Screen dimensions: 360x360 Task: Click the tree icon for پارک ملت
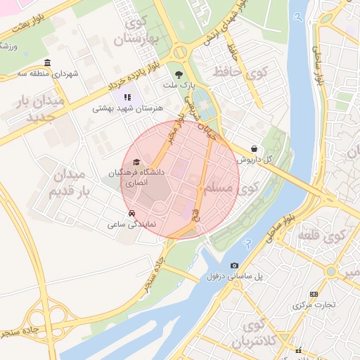pyautogui.click(x=181, y=74)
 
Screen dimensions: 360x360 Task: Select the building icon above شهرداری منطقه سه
pyautogui.click(x=47, y=63)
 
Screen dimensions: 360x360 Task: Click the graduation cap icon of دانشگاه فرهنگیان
pyautogui.click(x=136, y=162)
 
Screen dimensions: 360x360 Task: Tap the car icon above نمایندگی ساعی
pyautogui.click(x=131, y=213)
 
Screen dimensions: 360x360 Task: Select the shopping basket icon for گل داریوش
pyautogui.click(x=253, y=149)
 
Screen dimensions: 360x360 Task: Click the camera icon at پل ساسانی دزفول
pyautogui.click(x=234, y=265)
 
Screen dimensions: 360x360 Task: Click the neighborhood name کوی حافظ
pyautogui.click(x=240, y=72)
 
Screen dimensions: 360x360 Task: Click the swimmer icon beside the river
pyautogui.click(x=247, y=243)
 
